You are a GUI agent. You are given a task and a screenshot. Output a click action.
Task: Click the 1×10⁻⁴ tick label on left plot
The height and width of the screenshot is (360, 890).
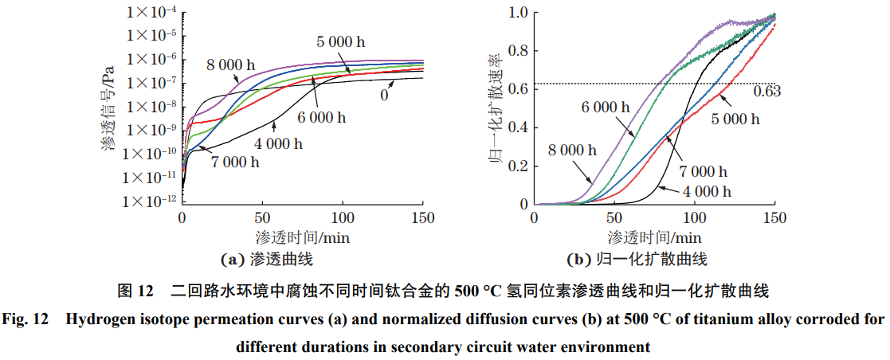pyautogui.click(x=149, y=12)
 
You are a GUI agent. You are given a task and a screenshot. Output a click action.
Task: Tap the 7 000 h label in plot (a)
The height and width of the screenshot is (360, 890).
pyautogui.click(x=236, y=162)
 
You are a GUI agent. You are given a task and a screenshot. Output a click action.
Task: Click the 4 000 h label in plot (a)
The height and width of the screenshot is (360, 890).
pyautogui.click(x=279, y=144)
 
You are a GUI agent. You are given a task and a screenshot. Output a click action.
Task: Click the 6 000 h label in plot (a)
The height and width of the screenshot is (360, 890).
pyautogui.click(x=321, y=118)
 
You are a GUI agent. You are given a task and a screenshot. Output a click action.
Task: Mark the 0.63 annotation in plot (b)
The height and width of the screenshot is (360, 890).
pyautogui.click(x=766, y=92)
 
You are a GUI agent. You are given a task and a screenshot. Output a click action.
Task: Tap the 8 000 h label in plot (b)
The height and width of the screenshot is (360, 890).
pyautogui.click(x=572, y=149)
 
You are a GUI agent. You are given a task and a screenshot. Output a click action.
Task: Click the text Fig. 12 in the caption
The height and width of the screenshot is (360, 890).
pyautogui.click(x=26, y=321)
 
